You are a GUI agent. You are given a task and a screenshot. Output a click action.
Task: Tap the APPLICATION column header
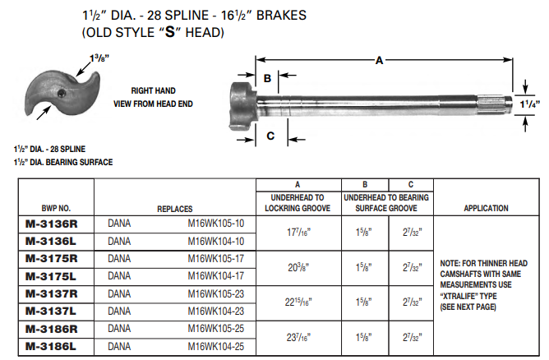[486, 209]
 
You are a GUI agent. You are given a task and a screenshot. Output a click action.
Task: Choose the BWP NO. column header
[55, 209]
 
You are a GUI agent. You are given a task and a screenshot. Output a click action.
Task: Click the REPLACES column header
[174, 209]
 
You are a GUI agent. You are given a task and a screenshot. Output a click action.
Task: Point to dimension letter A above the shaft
[379, 60]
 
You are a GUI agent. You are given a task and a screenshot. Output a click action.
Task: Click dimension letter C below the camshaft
[270, 136]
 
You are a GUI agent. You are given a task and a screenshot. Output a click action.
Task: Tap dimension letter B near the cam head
[267, 78]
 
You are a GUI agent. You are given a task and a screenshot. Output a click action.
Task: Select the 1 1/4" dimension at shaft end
[533, 104]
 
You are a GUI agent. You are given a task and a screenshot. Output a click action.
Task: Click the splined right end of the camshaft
[496, 104]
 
